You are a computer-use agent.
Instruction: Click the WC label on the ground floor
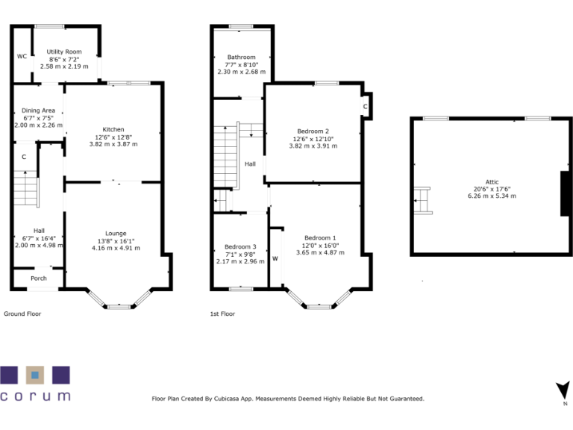(22, 57)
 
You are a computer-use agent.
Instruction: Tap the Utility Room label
(63, 52)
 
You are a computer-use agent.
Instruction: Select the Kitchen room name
(113, 129)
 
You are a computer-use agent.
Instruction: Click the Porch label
(38, 278)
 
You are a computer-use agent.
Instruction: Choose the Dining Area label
(38, 110)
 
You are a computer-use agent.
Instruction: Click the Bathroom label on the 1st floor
(242, 57)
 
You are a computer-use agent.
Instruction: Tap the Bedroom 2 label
(313, 131)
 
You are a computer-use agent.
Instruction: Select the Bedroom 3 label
(240, 247)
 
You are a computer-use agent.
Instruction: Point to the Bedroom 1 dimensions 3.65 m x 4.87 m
(320, 252)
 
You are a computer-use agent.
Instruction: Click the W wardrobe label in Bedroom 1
(275, 259)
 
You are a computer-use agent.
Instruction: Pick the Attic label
(492, 181)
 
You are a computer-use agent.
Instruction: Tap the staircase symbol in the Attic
(424, 200)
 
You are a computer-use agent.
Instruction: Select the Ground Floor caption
(22, 314)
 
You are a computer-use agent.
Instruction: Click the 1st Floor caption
(222, 314)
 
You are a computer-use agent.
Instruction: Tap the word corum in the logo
(35, 396)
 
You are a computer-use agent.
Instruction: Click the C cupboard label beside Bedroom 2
(365, 107)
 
